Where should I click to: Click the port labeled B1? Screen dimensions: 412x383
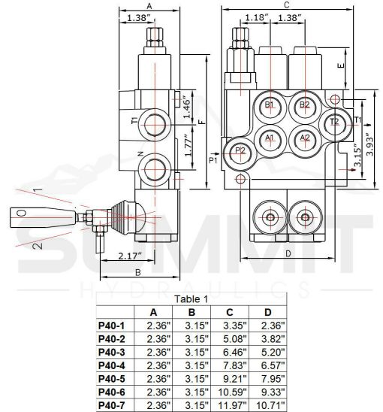269,105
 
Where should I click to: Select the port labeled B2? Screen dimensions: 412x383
304,105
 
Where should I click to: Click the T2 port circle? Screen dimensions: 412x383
335,122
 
